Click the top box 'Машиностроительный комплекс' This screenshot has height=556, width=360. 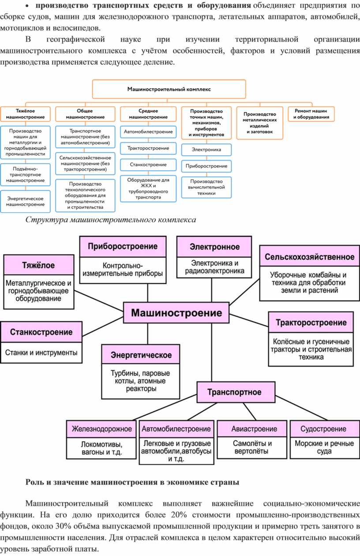(169, 89)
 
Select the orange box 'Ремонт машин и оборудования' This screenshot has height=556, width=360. (312, 114)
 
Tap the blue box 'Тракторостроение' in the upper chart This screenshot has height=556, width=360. (148, 148)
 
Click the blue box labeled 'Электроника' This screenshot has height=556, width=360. (206, 150)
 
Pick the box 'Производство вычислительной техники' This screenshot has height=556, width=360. (206, 187)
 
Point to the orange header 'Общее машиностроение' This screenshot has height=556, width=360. (85, 114)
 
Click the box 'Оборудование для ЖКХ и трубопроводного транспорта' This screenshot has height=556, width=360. (148, 189)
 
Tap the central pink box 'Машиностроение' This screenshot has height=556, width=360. (176, 313)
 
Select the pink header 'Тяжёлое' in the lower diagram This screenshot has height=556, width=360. (39, 265)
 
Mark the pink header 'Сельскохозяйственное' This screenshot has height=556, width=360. (309, 257)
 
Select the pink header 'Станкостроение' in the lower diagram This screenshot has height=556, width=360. (41, 332)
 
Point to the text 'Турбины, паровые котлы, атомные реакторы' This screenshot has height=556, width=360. (140, 381)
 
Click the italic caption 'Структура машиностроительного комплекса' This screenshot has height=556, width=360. (110, 219)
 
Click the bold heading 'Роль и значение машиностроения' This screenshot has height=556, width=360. (132, 482)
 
